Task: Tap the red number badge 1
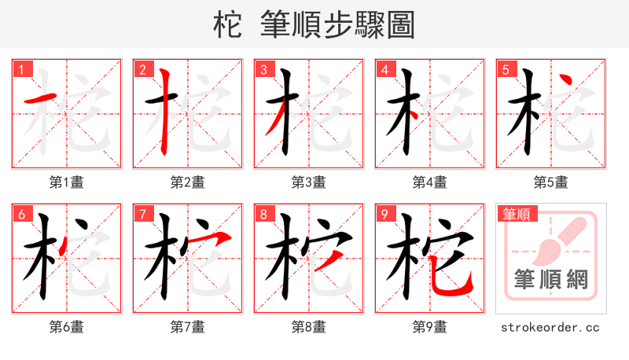tap(22, 70)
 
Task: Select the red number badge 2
tap(143, 70)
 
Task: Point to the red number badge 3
tap(264, 70)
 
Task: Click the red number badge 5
tap(506, 70)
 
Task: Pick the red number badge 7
tap(143, 215)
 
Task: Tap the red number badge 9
tap(385, 215)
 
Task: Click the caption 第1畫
tap(67, 182)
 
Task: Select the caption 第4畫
tap(430, 182)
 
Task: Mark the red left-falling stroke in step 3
tap(274, 122)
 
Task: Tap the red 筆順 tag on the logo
tap(515, 214)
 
